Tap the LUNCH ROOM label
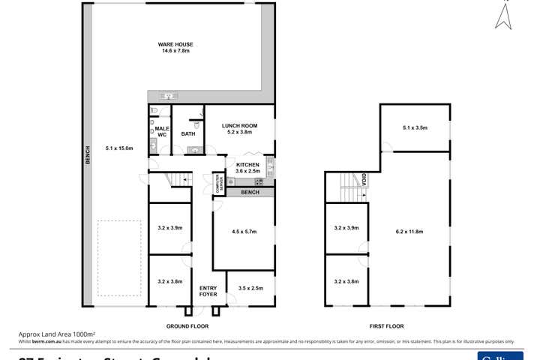point(239,129)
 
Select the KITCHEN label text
point(247,167)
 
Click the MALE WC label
point(162,132)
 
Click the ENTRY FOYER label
point(208,291)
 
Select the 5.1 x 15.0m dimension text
point(118,148)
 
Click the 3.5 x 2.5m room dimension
point(250,288)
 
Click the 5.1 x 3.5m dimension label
point(414,128)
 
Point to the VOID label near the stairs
point(364,181)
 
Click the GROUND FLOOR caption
point(187,326)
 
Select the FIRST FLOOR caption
point(386,326)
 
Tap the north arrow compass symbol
point(503,15)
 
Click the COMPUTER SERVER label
point(217,186)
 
